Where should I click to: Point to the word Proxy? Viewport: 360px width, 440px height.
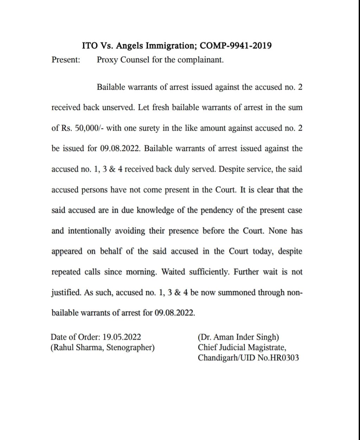pos(107,60)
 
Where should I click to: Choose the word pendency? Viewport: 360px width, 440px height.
pos(217,211)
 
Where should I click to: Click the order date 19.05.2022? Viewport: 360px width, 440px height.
pos(122,337)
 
